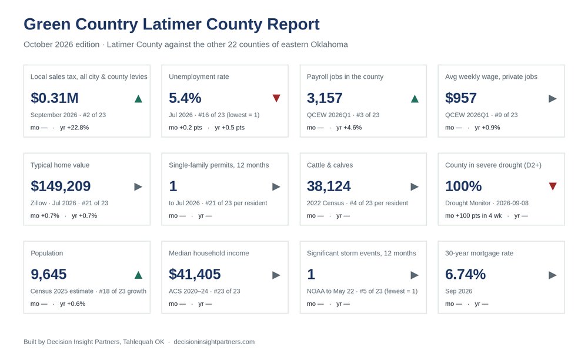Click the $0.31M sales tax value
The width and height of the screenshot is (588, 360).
54,98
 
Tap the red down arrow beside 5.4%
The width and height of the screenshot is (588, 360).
276,98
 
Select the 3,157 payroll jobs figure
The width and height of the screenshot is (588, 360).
325,98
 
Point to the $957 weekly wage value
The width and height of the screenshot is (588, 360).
460,98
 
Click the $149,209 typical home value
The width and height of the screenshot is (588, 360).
61,186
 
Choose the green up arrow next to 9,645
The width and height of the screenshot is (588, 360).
138,275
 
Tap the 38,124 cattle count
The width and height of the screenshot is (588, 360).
329,186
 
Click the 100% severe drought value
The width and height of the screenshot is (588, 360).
463,186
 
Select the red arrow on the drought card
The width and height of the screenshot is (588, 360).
553,186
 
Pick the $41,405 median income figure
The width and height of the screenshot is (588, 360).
195,275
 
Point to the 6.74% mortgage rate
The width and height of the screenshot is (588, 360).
465,275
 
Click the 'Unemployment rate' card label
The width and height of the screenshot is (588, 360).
199,76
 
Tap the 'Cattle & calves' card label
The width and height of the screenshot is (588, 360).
330,165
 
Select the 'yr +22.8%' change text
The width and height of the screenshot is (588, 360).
74,128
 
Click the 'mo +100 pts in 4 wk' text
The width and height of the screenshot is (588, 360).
473,216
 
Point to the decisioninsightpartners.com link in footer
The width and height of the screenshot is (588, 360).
214,342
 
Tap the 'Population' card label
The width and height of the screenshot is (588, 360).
47,253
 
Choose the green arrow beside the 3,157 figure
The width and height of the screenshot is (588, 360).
415,99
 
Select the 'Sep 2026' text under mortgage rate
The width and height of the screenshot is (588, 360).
459,291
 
